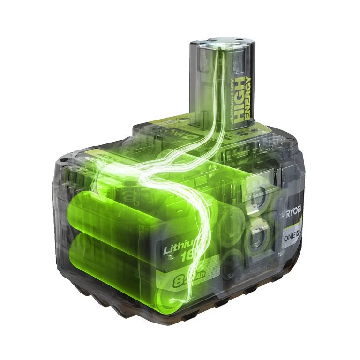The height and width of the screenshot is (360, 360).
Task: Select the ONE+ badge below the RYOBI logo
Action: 292,237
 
